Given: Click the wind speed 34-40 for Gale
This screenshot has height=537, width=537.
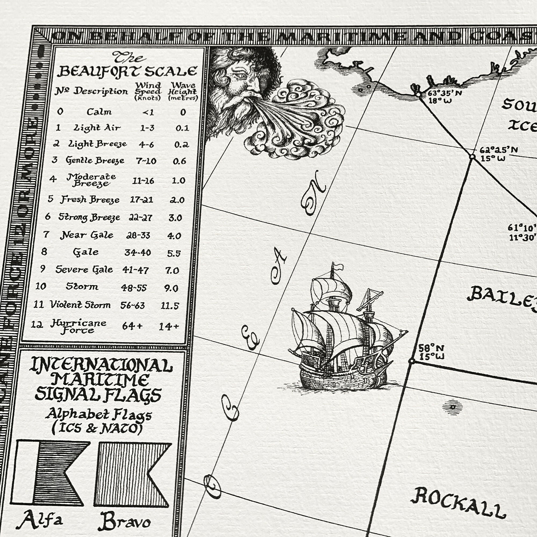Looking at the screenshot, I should coord(137,252).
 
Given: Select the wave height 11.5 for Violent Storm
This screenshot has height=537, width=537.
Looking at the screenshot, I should coord(169,306).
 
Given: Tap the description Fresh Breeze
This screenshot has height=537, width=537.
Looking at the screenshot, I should coord(90,199).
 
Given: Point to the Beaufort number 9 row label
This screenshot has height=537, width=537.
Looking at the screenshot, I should coord(42,268).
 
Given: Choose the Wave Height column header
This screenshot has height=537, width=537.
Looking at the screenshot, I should coord(183,91).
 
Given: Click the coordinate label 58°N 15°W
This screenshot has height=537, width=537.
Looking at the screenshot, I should coord(431,352).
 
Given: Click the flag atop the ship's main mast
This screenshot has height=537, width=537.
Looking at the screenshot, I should coord(338,267).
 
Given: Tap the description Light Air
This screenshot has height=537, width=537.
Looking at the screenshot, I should coord(97,128).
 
